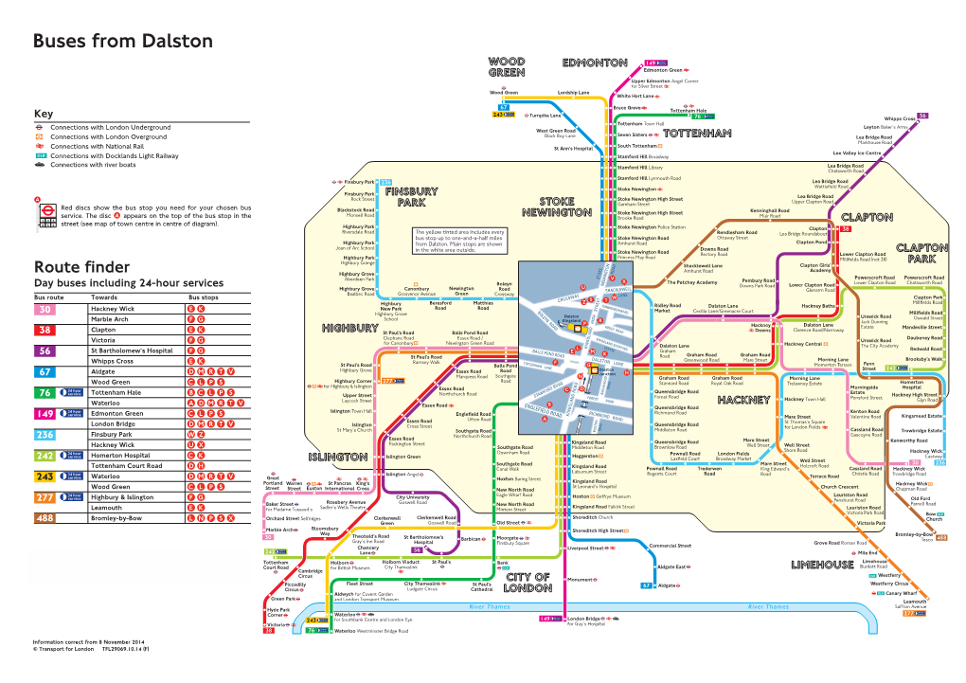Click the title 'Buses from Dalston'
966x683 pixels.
[123, 43]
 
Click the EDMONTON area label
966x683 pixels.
[595, 63]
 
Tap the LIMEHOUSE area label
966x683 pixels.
[822, 566]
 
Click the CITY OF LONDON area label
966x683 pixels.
[528, 582]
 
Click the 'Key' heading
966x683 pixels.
[44, 113]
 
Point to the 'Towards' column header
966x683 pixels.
[105, 297]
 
